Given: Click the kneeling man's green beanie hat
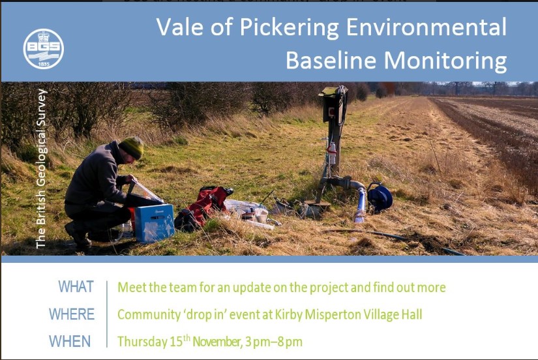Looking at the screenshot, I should click(132, 147).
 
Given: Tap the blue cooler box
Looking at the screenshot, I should click(154, 222).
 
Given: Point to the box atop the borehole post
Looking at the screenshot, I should click(332, 104).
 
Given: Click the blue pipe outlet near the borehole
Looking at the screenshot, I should click(360, 205).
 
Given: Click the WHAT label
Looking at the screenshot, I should click(76, 287).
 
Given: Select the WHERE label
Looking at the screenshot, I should click(71, 314).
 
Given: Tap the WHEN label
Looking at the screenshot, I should click(70, 341).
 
